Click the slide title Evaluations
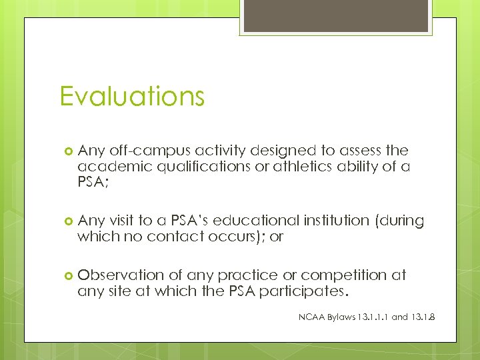pyautogui.click(x=131, y=96)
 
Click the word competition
pyautogui.click(x=353, y=275)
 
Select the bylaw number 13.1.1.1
pyautogui.click(x=370, y=317)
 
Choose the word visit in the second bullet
pyautogui.click(x=120, y=221)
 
